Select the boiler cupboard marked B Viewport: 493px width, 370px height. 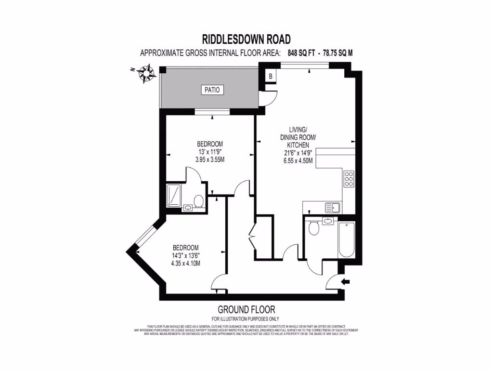click(x=271, y=76)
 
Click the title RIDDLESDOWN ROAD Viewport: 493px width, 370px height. click(x=246, y=39)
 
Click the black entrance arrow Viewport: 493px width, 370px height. click(x=346, y=281)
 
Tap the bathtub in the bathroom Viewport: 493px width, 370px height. click(x=347, y=240)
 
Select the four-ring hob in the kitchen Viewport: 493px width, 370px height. click(x=349, y=179)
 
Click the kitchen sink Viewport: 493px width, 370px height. click(x=333, y=208)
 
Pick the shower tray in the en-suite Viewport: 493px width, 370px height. click(x=173, y=195)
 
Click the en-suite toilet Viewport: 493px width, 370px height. click(x=198, y=200)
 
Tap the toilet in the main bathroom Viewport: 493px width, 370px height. click(x=313, y=228)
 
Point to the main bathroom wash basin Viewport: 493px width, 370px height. click(x=328, y=221)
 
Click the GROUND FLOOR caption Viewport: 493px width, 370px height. click(x=246, y=309)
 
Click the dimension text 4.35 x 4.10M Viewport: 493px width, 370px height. click(x=185, y=263)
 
